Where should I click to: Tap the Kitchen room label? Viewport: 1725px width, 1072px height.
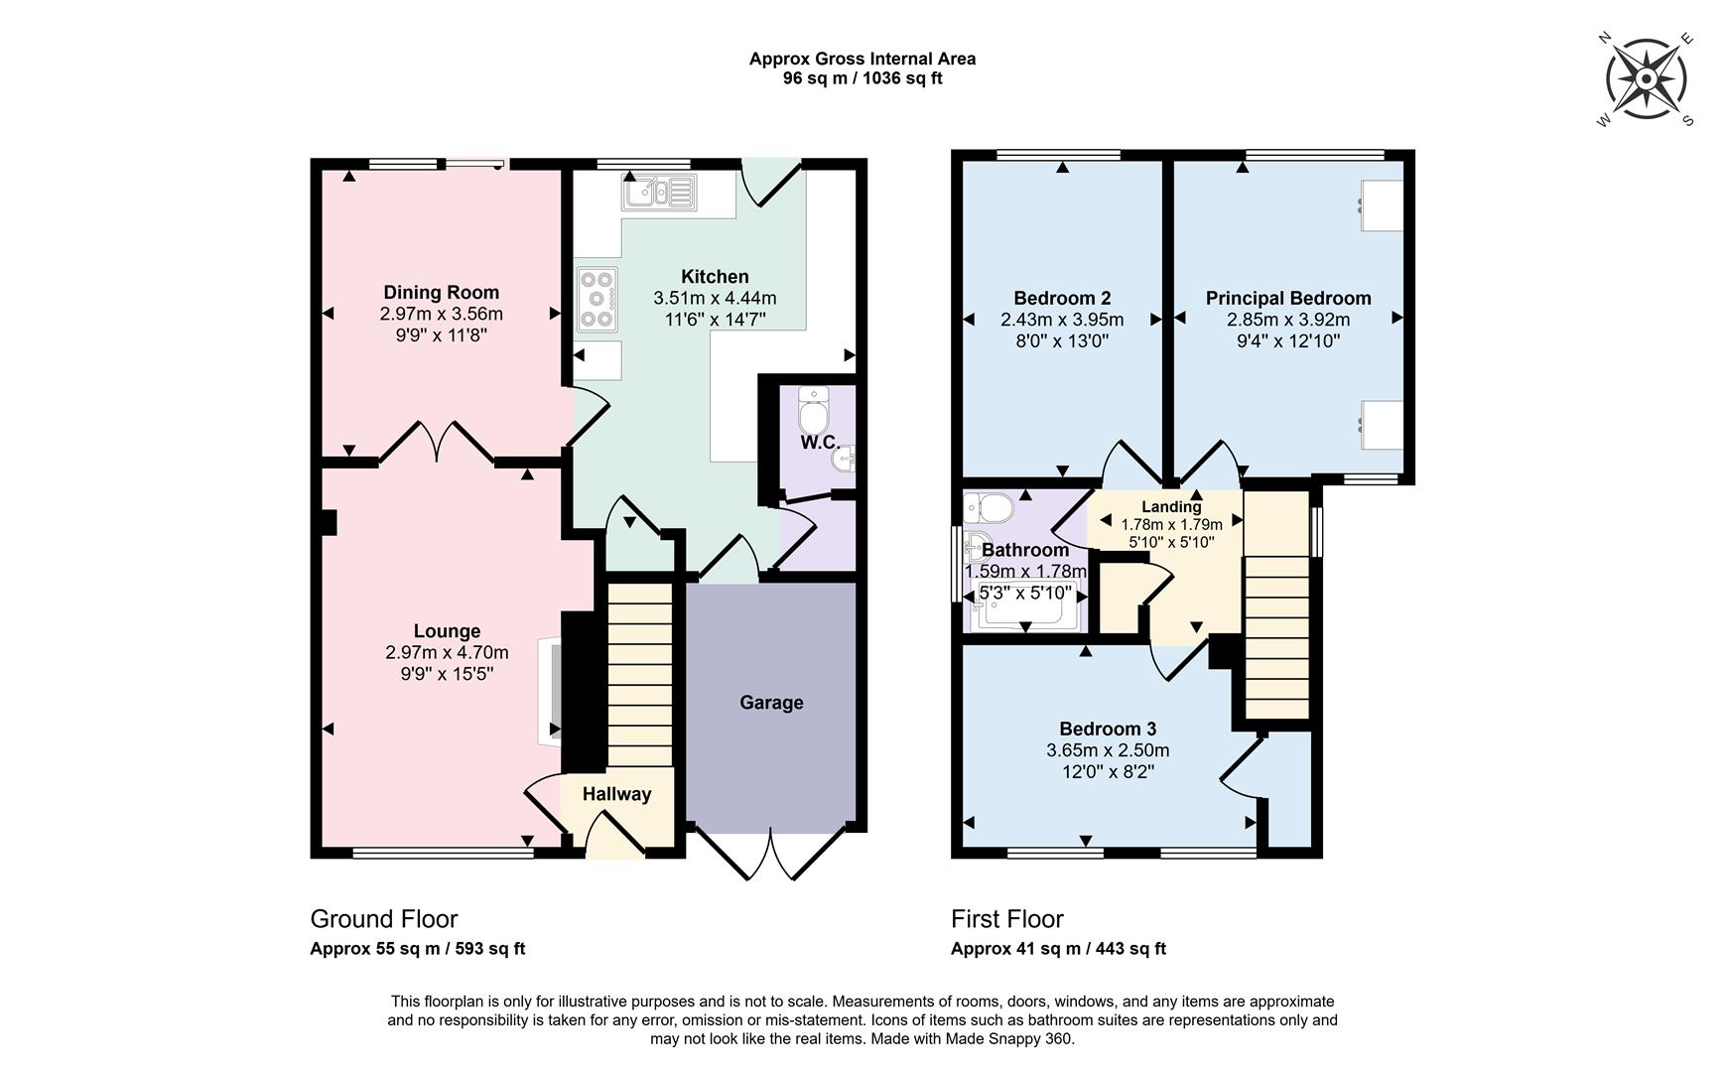click(715, 277)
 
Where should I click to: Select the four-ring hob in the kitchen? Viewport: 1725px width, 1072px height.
click(597, 299)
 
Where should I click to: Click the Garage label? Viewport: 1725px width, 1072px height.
click(771, 703)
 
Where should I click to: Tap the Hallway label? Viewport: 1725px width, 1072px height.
click(616, 794)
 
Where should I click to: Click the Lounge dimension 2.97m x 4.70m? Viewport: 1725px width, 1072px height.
click(447, 653)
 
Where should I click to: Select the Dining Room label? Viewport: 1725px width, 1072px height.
click(441, 293)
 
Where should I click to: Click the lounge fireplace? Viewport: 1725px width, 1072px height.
click(549, 692)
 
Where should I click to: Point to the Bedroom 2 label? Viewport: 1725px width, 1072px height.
click(1062, 298)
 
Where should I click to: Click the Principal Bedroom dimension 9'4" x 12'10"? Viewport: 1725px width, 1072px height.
click(1288, 341)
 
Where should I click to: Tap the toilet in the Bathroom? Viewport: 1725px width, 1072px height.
click(988, 508)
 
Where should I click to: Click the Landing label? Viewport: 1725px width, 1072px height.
click(1171, 507)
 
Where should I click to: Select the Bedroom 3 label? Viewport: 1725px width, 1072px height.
click(1107, 730)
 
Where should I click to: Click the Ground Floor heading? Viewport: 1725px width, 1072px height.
click(384, 919)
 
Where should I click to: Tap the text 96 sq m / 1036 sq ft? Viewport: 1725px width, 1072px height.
click(862, 78)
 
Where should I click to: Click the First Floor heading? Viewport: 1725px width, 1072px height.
click(1006, 919)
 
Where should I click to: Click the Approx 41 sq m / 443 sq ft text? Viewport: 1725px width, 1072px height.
click(1058, 949)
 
